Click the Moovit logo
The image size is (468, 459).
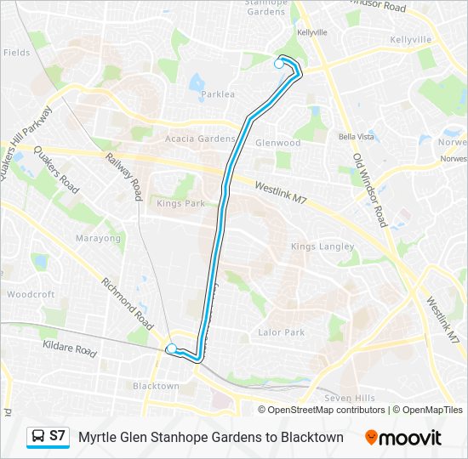coord(402,438)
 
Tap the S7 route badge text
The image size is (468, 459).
coord(57,436)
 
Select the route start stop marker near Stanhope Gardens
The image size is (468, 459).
coord(279,64)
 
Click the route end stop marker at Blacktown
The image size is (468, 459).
coord(171,348)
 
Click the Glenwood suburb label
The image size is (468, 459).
coord(278,144)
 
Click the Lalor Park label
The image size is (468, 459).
coord(282,332)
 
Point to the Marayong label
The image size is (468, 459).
coord(99,238)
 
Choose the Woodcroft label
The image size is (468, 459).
coord(31,294)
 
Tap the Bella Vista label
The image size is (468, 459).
coord(357,136)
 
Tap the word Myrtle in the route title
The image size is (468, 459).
coord(100,437)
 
